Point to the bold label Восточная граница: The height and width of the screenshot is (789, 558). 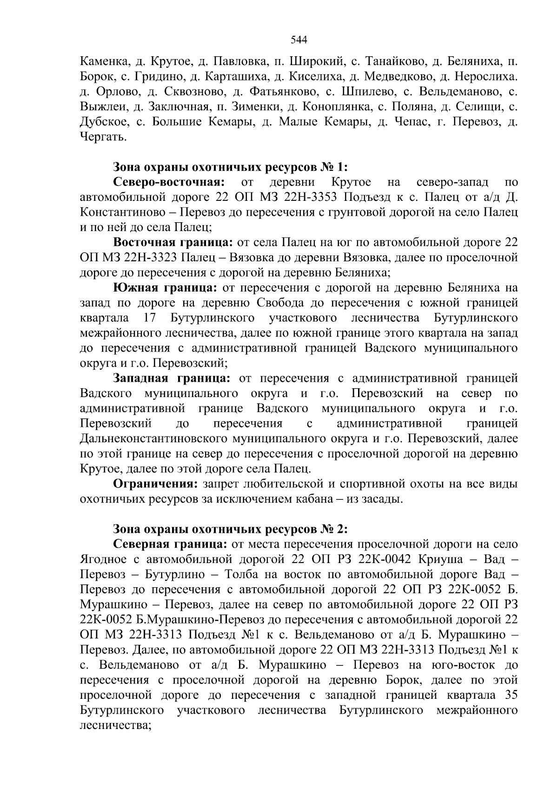[x=173, y=242]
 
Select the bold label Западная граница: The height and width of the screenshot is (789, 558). [x=171, y=378]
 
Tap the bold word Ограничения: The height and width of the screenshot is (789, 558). [x=156, y=484]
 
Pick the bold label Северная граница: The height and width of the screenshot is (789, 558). [x=170, y=544]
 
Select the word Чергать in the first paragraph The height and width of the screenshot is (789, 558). [x=102, y=137]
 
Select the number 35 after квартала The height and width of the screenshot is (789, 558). [x=510, y=695]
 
